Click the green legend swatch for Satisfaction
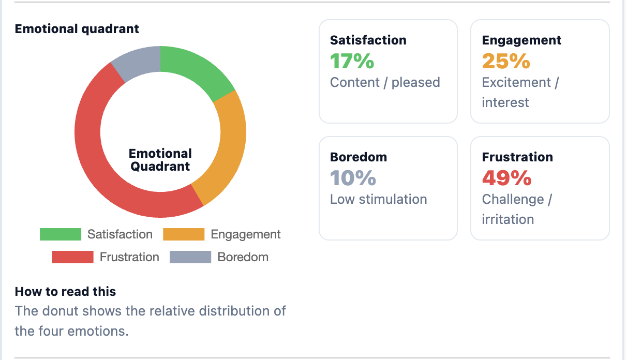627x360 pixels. point(61,234)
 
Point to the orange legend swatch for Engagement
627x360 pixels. point(184,234)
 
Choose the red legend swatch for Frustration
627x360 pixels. point(72,257)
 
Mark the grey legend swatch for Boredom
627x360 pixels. point(190,257)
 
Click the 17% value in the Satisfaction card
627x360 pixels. point(352,62)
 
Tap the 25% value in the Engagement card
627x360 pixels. point(505,62)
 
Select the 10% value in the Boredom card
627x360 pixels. point(353,178)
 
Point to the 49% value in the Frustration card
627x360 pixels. point(506,178)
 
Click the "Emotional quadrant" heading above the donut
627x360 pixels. point(77,29)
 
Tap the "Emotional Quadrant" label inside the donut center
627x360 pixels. point(160,160)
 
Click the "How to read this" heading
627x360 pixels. point(65,292)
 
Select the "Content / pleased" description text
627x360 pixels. point(385,82)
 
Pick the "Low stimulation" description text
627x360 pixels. point(378,199)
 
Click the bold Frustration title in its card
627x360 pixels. point(517,157)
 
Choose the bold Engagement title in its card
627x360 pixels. point(521,40)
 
